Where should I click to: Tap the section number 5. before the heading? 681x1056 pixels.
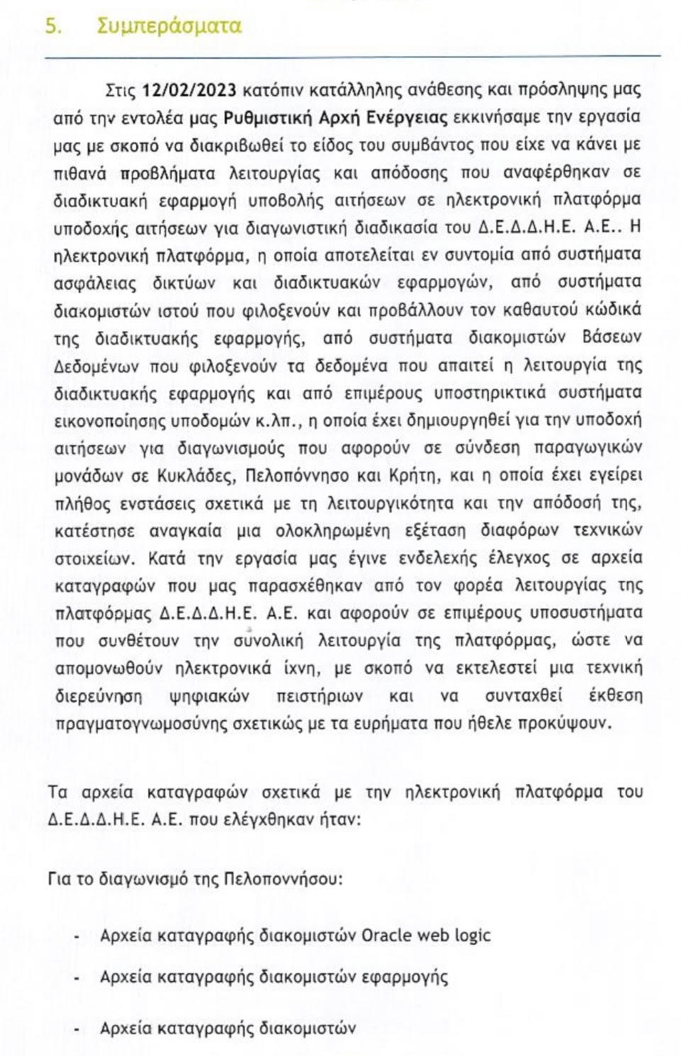tap(53, 27)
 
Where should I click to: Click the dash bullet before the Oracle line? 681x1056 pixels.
tap(77, 936)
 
